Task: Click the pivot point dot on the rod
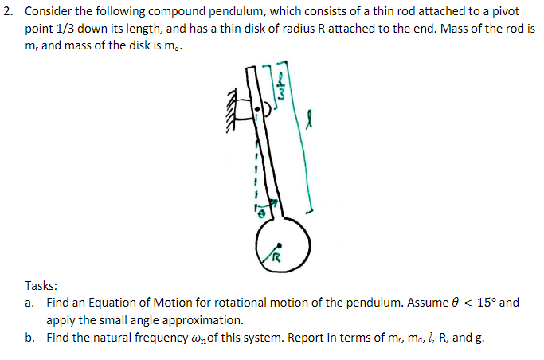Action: [x=256, y=108]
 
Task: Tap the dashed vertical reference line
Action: [x=256, y=167]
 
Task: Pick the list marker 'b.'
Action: [x=29, y=338]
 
